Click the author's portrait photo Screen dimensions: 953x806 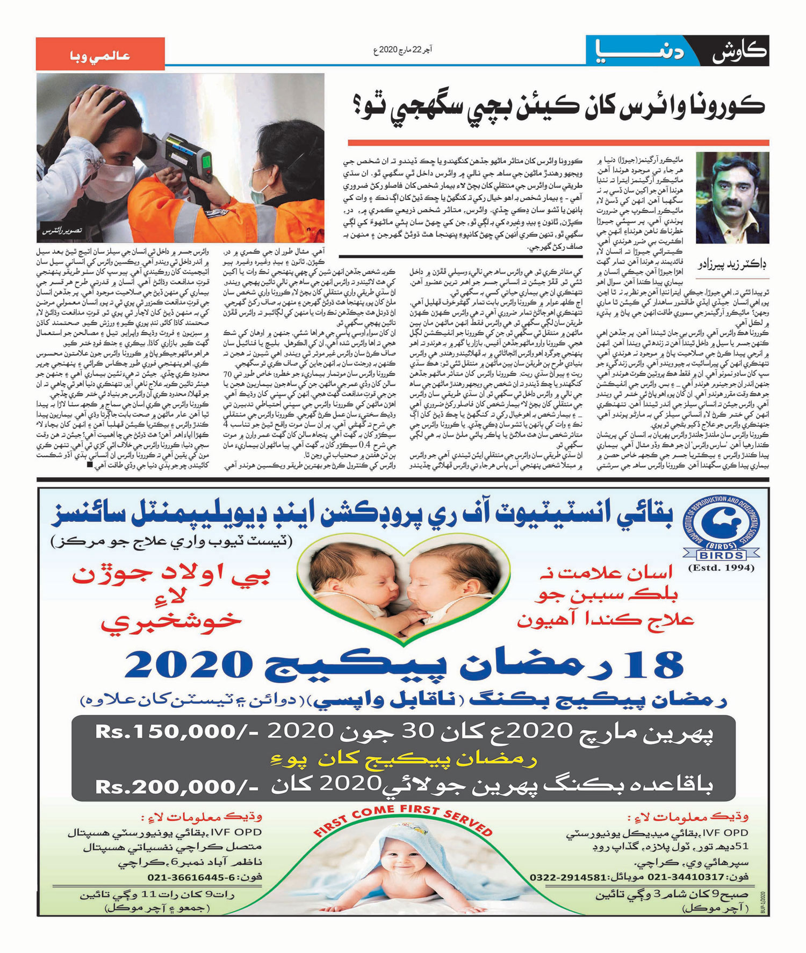pos(732,198)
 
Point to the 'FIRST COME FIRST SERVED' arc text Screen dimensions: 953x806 pos(403,820)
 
